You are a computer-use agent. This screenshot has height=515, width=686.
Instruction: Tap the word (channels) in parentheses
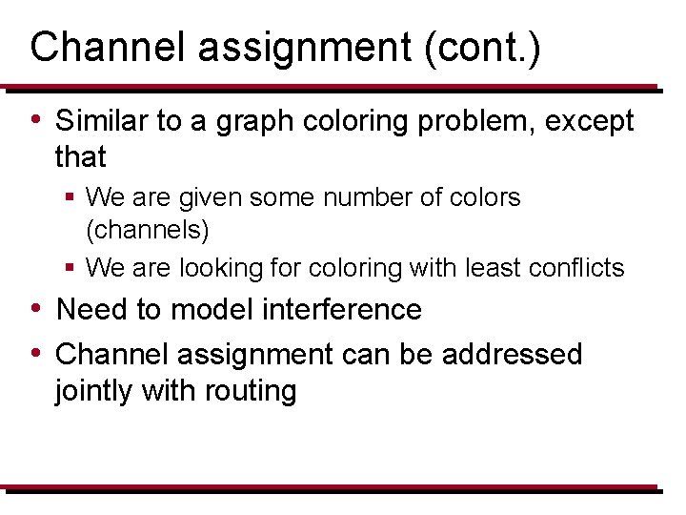(x=148, y=230)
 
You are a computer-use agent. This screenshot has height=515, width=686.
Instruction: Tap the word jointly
(x=99, y=391)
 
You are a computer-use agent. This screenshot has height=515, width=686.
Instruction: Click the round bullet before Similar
(x=35, y=120)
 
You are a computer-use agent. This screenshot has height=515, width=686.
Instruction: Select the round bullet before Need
(x=35, y=309)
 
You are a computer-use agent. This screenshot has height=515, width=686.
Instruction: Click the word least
(x=490, y=268)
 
